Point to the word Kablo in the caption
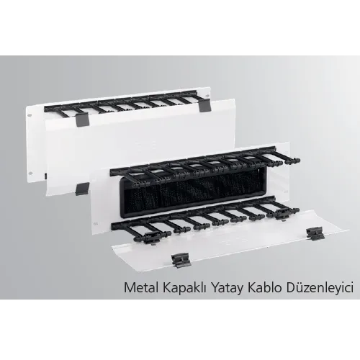(264, 287)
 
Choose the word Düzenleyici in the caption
(320, 288)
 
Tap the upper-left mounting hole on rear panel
(30, 115)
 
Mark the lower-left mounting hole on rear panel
(30, 173)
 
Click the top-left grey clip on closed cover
(82, 120)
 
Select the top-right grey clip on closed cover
(204, 106)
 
